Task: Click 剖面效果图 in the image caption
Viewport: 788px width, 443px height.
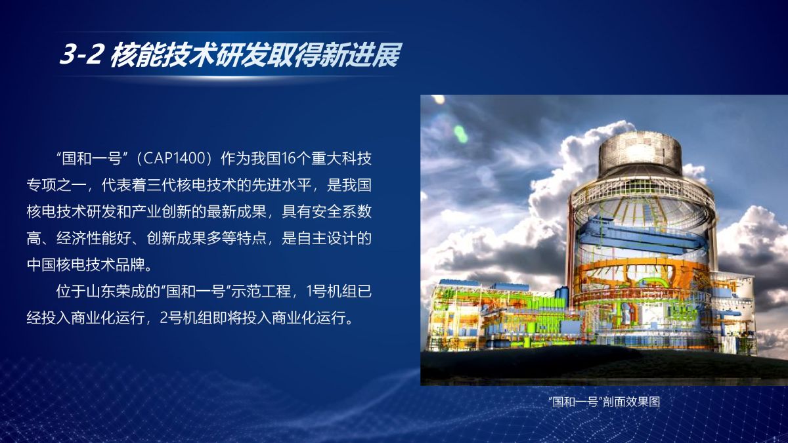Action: tap(632, 402)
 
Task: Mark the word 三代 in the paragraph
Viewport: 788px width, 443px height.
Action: tap(162, 185)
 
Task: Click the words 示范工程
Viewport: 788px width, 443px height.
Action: tap(261, 291)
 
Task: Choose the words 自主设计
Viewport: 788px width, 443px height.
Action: tap(326, 238)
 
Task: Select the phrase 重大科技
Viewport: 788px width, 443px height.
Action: tap(341, 159)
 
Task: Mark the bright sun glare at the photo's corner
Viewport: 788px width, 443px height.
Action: tap(438, 100)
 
